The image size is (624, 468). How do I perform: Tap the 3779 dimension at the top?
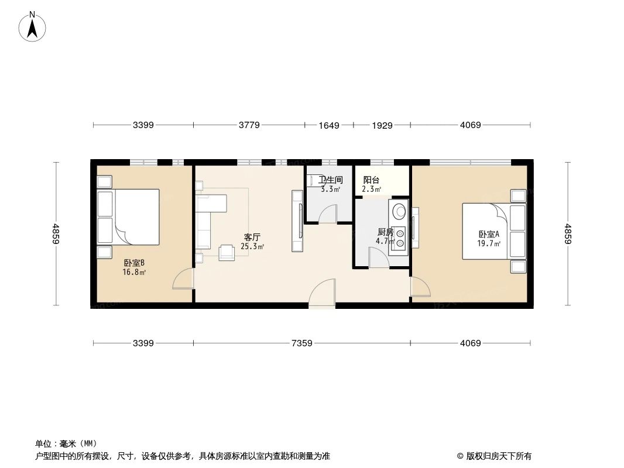point(248,125)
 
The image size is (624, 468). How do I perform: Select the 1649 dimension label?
point(329,125)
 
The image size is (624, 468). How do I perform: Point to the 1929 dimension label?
point(382,125)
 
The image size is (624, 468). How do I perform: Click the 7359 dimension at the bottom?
point(302,343)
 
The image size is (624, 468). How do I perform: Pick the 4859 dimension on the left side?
point(56,234)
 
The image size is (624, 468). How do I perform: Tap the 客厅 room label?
point(252,237)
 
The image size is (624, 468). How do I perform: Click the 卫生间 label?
point(330,180)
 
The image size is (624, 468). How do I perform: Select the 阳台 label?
point(371,180)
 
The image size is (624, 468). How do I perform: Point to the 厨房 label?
point(385,232)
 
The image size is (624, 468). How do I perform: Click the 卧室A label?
point(488,235)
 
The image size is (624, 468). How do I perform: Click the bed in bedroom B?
point(136,216)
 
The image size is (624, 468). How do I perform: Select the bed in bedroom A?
point(486,231)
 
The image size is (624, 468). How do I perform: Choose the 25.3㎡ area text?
point(252,246)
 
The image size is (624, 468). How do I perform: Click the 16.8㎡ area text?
point(134,272)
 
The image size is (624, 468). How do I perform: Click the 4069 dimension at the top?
point(470,125)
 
